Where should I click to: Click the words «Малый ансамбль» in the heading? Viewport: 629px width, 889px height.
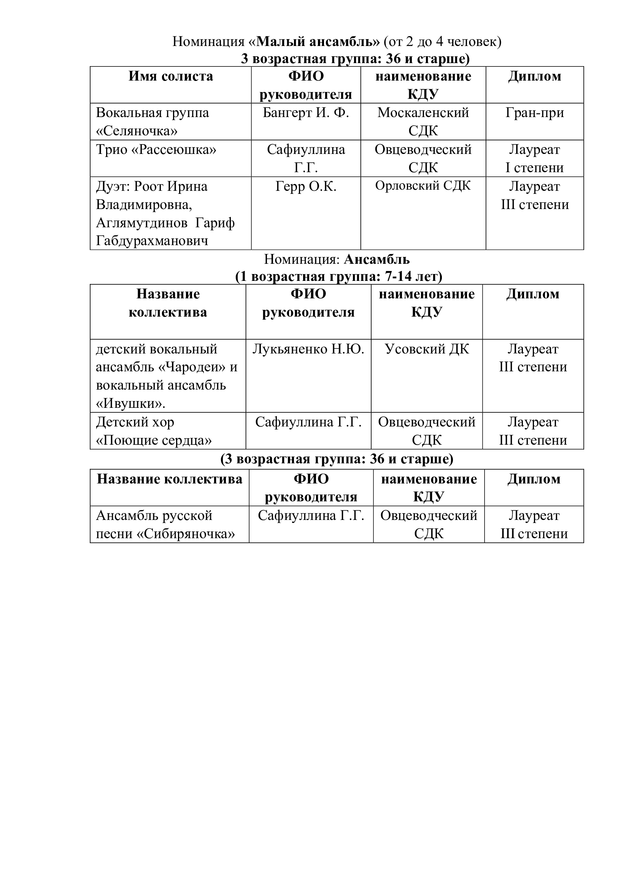[318, 41]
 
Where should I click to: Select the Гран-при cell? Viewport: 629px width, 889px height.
[534, 113]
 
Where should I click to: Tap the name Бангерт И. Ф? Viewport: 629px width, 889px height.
[306, 113]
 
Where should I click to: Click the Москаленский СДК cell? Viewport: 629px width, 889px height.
[423, 122]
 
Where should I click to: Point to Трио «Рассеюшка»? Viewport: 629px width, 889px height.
[156, 150]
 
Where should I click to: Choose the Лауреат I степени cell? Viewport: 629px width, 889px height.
[534, 159]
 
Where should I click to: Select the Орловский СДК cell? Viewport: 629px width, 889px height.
[423, 186]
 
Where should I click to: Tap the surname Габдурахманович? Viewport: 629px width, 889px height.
[152, 241]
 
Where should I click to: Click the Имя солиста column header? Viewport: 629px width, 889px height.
[170, 76]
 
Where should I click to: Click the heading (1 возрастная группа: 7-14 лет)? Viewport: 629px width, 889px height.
[339, 277]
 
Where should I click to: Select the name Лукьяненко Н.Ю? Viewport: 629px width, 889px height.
[308, 350]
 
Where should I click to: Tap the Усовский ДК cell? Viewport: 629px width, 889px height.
[427, 350]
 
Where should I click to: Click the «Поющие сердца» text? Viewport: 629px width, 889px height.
[154, 441]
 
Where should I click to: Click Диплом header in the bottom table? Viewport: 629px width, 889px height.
[534, 479]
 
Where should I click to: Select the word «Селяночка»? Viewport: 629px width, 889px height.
[137, 131]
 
